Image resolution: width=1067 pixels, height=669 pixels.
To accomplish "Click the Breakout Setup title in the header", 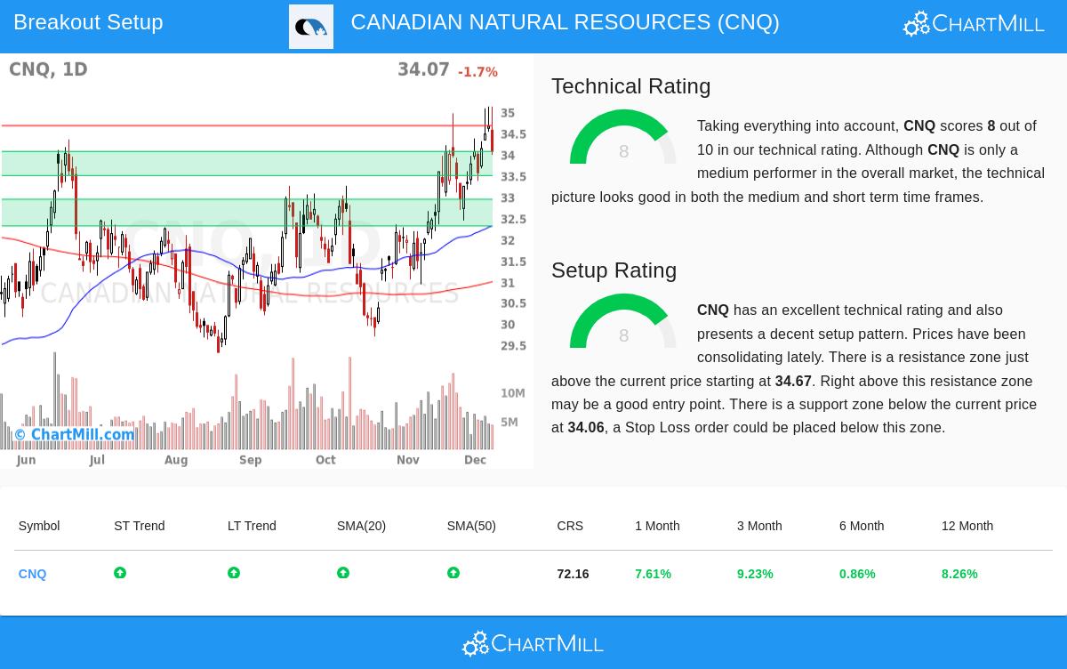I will tap(88, 22).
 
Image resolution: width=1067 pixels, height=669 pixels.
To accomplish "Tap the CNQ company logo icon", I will tap(311, 27).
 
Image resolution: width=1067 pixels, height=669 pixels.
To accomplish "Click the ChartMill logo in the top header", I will tap(974, 23).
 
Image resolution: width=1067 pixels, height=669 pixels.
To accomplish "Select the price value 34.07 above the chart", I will tap(423, 69).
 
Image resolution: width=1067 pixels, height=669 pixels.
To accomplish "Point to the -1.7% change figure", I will tap(477, 72).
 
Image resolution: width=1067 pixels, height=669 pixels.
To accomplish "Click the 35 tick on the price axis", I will tap(508, 113).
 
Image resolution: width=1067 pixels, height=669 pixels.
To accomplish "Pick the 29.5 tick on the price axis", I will tap(513, 346).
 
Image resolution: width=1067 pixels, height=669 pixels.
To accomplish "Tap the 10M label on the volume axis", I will tap(513, 393).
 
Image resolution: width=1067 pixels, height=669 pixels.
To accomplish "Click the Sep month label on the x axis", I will tap(250, 460).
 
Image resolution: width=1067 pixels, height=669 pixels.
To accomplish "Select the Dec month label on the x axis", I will tap(475, 460).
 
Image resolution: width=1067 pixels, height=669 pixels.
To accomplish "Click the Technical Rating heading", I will tap(630, 86).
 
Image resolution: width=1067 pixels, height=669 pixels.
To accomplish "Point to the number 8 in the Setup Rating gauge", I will tap(623, 335).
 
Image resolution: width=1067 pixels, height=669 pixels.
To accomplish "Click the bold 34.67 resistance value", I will tap(793, 381).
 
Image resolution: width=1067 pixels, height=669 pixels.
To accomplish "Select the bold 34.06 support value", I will tap(586, 428).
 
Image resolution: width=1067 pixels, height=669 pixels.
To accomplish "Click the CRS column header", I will tap(570, 526).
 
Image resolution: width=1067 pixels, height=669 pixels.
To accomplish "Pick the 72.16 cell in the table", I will tap(573, 574).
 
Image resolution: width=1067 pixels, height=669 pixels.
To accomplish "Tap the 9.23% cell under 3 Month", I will tap(755, 574).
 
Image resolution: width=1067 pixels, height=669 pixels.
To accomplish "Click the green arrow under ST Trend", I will tap(120, 573).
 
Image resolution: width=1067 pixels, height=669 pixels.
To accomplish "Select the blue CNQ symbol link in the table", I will tap(32, 574).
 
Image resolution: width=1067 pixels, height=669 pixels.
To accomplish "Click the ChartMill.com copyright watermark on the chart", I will tap(75, 435).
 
